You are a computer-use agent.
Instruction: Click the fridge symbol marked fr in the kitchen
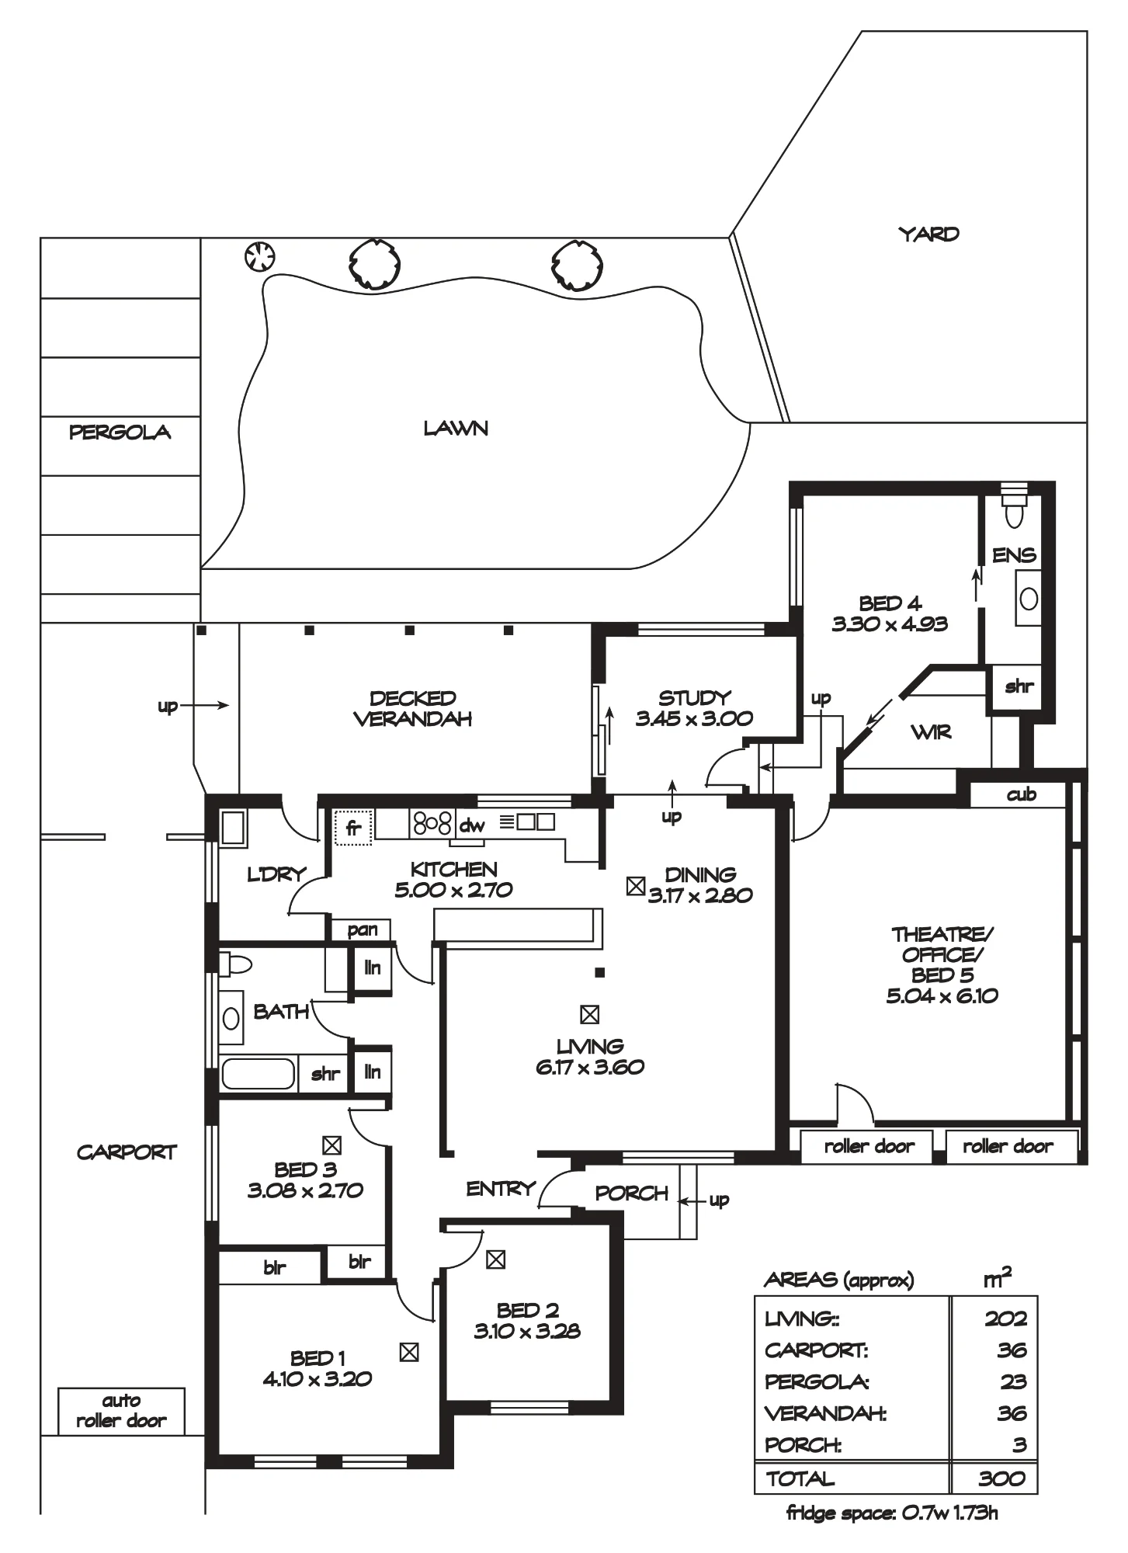(x=353, y=828)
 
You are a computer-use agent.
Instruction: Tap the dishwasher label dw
(x=471, y=826)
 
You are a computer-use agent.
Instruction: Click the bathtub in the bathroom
(x=259, y=1074)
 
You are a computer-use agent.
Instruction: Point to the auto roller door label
(x=121, y=1411)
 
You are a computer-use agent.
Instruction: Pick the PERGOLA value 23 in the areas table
(x=1012, y=1381)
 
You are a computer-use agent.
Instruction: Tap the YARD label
(x=928, y=234)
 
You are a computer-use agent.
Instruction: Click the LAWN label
(x=456, y=428)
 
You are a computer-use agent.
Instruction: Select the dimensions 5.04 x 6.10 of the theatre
(x=942, y=995)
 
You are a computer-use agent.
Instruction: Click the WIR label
(x=931, y=731)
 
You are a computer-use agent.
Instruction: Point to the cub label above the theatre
(x=1021, y=794)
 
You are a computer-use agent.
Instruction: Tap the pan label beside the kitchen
(x=362, y=930)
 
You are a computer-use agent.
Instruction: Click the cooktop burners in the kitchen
(x=432, y=823)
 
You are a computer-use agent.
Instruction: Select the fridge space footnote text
(x=892, y=1512)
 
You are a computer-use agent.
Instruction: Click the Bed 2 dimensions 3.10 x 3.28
(x=527, y=1331)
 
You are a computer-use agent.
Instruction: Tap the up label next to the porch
(x=719, y=1200)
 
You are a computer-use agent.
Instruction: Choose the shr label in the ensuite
(x=1019, y=686)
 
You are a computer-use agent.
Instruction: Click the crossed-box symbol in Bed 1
(x=408, y=1352)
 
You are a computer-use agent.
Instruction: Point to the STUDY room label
(x=694, y=697)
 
